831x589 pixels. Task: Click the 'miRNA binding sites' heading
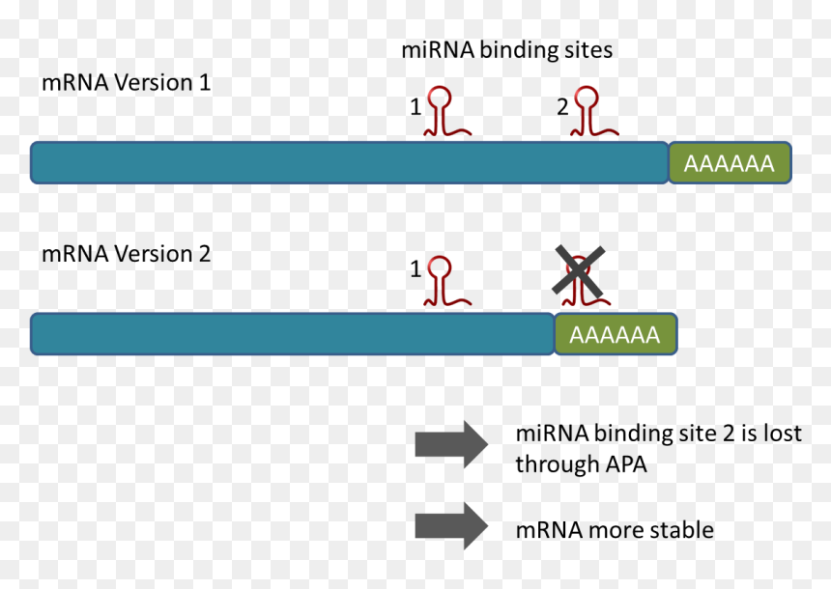(506, 51)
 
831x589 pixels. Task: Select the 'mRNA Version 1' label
(127, 83)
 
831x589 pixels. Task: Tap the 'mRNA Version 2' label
(127, 254)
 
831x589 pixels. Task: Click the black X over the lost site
(578, 270)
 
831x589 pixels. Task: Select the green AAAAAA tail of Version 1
(730, 163)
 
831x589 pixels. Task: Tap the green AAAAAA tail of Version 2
(616, 334)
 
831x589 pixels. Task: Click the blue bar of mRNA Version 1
(349, 162)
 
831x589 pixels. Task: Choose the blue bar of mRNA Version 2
(292, 334)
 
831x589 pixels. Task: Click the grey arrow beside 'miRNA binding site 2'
(451, 444)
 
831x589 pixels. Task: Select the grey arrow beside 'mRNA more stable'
(451, 526)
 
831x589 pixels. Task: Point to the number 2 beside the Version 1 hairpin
(562, 107)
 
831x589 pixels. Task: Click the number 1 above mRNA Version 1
(416, 107)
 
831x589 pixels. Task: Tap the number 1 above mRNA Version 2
(416, 269)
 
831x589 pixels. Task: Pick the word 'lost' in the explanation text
(783, 434)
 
